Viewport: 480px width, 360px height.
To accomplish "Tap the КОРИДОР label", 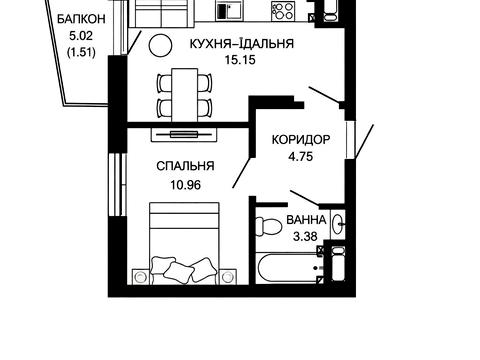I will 298,140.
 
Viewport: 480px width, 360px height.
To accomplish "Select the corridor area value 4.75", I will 298,156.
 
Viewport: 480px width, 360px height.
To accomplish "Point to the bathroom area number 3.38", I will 304,236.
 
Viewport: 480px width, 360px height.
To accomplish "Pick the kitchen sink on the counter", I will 231,13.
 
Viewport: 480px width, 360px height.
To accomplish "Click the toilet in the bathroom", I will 267,225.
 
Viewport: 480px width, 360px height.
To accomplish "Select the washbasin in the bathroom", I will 339,223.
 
